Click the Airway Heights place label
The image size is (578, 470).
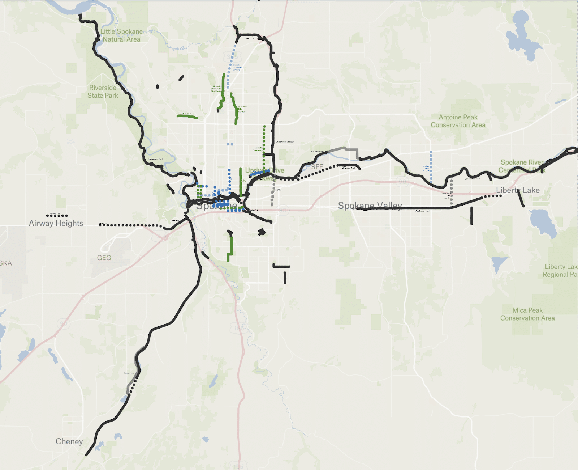[56, 223]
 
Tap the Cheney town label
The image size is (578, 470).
[69, 441]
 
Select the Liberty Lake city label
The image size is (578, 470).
[518, 190]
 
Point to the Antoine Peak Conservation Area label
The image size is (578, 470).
[458, 121]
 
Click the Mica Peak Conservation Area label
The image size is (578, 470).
[527, 314]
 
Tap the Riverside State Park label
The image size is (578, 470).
[103, 92]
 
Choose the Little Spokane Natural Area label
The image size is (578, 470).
[121, 35]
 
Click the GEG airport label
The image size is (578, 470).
[104, 258]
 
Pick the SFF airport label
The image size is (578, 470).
[317, 167]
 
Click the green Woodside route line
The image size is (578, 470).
[187, 117]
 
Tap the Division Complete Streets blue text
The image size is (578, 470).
[237, 67]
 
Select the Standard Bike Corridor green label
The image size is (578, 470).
[242, 109]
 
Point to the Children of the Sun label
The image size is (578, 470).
[285, 142]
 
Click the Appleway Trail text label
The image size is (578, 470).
[422, 211]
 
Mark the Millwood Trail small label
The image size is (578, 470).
[348, 168]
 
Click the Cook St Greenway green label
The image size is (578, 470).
[258, 149]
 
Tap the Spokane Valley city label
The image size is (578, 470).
[370, 206]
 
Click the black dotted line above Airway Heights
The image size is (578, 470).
[57, 216]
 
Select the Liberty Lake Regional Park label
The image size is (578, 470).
[560, 271]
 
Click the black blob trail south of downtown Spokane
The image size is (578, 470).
[262, 232]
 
